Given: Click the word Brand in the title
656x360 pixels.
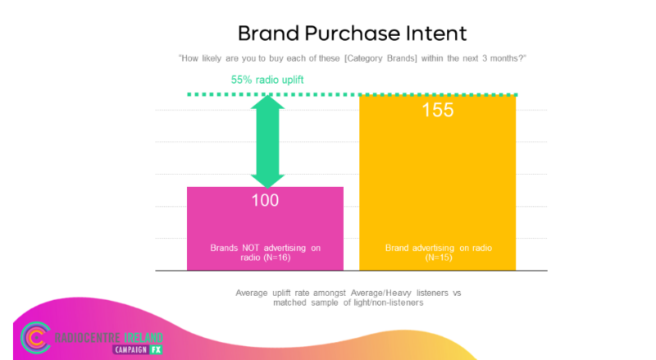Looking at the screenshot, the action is (268, 34).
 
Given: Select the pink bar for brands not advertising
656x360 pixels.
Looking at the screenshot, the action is (265, 229).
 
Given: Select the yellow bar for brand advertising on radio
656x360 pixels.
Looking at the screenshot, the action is (438, 183).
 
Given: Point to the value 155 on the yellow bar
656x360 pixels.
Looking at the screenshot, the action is (438, 110).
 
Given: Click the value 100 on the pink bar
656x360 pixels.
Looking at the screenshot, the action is (265, 200).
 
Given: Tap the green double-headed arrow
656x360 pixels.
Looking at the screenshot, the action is (268, 142).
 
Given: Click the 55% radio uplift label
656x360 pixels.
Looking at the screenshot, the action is (267, 80).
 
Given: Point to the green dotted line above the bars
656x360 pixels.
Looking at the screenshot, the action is (353, 94).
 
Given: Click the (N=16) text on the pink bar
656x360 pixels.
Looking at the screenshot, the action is (277, 257).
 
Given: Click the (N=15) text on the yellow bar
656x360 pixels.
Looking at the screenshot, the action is (439, 257).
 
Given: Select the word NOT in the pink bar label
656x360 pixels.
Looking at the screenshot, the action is (250, 248).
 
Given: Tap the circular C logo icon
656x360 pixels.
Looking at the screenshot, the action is (36, 338).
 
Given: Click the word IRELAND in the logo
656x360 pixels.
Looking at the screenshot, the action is (143, 337).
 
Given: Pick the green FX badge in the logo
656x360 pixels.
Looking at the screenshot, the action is (156, 349).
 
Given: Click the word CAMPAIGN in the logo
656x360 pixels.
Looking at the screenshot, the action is (131, 349).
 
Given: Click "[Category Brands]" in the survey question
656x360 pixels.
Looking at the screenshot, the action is (380, 58).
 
